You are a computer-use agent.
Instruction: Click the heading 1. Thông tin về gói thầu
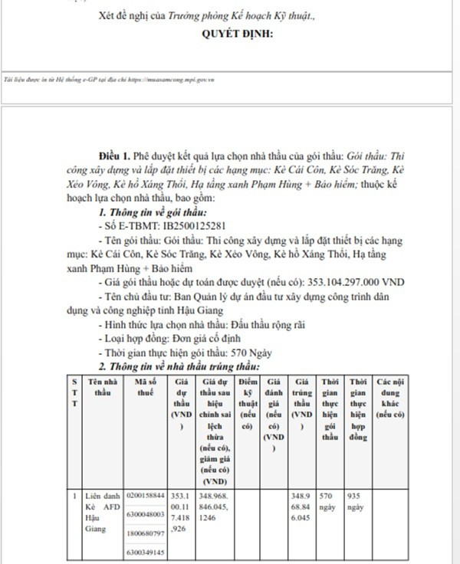click(x=153, y=212)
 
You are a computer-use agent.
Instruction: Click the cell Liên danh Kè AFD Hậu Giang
click(x=103, y=512)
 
